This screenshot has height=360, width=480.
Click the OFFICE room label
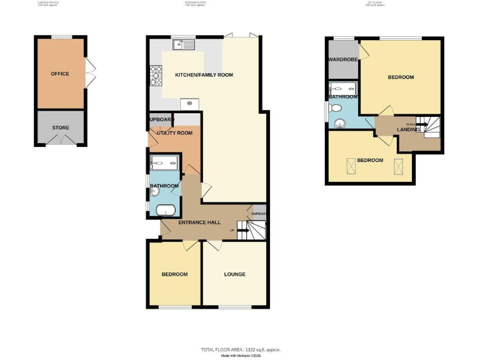click(x=60, y=74)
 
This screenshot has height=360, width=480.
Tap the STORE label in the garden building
click(x=60, y=127)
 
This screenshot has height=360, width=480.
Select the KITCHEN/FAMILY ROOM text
click(x=204, y=75)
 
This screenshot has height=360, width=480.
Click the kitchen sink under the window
click(x=185, y=44)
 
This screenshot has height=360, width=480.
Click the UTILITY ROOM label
click(x=174, y=133)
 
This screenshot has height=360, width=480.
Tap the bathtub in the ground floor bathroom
click(x=166, y=210)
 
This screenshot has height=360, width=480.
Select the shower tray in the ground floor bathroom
click(x=164, y=164)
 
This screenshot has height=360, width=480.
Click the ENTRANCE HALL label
click(x=198, y=223)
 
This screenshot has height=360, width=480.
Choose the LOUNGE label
click(x=234, y=274)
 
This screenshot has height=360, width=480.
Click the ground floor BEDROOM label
click(x=174, y=274)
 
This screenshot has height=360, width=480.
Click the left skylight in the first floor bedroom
click(x=350, y=165)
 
